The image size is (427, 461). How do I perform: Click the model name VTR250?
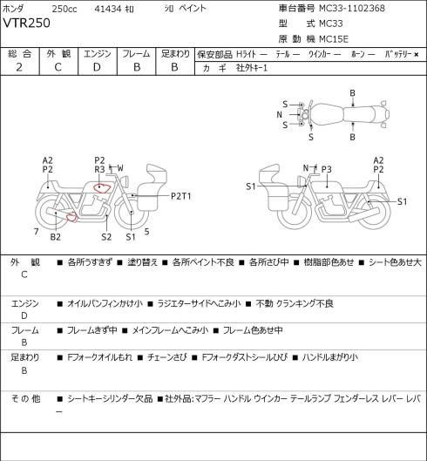click(26, 23)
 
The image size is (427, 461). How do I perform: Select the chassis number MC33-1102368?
click(352, 8)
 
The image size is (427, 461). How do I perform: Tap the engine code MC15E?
click(334, 39)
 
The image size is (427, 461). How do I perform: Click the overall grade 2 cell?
click(19, 67)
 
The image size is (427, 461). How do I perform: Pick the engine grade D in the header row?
click(97, 67)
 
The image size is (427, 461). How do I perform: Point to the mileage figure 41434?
click(108, 9)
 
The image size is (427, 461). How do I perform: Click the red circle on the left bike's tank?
click(101, 187)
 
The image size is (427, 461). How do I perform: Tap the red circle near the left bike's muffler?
click(71, 217)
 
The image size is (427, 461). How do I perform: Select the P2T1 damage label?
click(181, 196)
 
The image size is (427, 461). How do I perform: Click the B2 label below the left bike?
click(55, 237)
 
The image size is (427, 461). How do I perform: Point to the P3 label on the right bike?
click(327, 169)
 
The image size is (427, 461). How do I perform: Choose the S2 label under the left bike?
click(106, 237)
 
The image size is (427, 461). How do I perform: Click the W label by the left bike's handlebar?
click(120, 168)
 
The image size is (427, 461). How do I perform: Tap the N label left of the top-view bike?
click(279, 115)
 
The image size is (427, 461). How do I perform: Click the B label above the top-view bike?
click(352, 93)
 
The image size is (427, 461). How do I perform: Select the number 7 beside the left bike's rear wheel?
click(36, 232)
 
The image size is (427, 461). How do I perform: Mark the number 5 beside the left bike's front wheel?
click(146, 232)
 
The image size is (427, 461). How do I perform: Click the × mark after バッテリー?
click(417, 54)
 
